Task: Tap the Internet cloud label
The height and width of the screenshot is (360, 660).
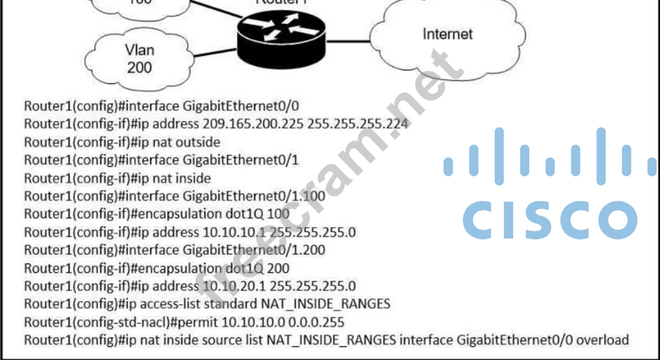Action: pyautogui.click(x=447, y=34)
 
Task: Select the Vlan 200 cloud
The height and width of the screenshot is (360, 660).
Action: pyautogui.click(x=138, y=58)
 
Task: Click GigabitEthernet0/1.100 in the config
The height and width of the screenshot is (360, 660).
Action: pyautogui.click(x=254, y=196)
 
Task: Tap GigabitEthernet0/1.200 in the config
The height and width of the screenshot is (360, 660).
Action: pyautogui.click(x=254, y=250)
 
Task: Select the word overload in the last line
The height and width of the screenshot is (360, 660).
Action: pyautogui.click(x=603, y=340)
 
